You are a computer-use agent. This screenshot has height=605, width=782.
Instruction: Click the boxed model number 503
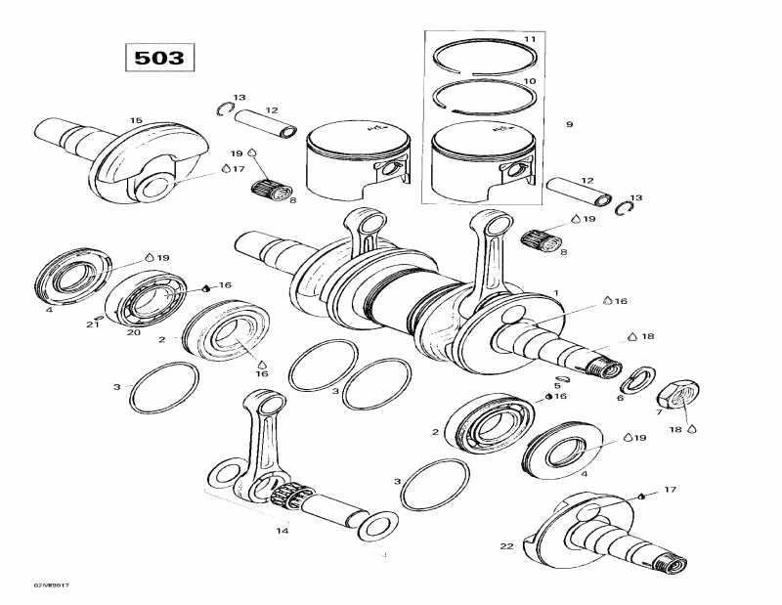pos(159,58)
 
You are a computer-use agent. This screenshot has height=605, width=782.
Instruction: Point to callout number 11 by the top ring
pos(529,39)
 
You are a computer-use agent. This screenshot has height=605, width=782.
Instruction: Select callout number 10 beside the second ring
pos(529,81)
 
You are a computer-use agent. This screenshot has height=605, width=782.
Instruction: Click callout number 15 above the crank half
pos(136,120)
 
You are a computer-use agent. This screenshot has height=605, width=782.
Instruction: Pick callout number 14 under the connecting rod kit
pos(282,531)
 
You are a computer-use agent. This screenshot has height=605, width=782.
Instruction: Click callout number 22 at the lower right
pos(506,545)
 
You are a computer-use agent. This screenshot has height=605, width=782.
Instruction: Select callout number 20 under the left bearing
pos(133,331)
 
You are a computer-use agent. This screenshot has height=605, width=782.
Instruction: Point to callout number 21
pos(93,324)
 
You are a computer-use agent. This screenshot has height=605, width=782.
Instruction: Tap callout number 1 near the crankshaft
pos(555,293)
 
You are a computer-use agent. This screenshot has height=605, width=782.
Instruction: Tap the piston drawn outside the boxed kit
pos(356,158)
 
